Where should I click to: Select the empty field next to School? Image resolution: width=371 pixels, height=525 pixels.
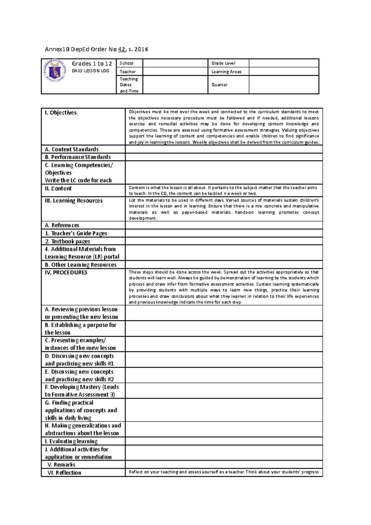click(175, 63)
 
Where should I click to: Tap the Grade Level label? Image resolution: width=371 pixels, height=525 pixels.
click(223, 63)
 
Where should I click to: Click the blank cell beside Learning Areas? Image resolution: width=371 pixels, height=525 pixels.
click(284, 71)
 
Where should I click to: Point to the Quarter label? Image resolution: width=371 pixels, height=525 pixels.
click(219, 85)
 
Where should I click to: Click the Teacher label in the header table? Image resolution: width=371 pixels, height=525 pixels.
click(128, 71)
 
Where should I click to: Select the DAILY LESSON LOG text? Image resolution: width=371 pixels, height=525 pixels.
click(90, 71)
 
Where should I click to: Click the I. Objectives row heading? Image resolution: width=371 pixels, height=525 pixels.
click(61, 113)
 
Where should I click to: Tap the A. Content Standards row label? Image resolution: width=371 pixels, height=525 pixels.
click(72, 149)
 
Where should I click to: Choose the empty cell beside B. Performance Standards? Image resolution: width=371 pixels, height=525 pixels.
click(224, 157)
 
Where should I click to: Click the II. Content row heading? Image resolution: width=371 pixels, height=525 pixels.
click(58, 188)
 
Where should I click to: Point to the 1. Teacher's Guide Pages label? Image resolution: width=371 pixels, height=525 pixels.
click(76, 233)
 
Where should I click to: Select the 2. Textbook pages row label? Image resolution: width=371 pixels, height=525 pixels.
click(67, 241)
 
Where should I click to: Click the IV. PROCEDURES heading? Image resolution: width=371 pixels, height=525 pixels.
click(66, 272)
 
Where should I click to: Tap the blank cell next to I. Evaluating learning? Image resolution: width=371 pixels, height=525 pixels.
click(224, 441)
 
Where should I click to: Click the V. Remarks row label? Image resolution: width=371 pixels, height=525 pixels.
click(61, 465)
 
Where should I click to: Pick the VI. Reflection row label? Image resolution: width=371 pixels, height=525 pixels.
click(64, 473)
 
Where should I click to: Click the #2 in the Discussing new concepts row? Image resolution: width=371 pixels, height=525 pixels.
click(110, 379)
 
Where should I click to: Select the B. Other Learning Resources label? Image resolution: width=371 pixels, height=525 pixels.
click(81, 265)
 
